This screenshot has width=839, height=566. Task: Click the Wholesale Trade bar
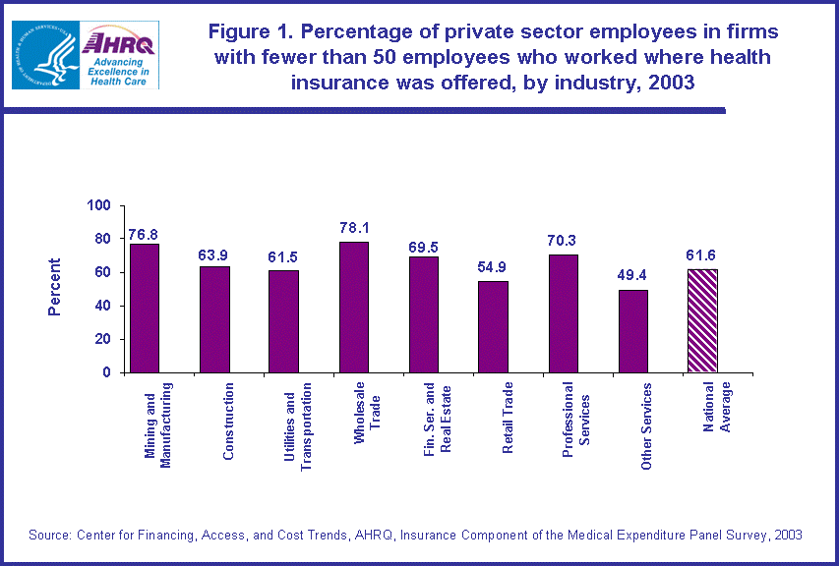354,308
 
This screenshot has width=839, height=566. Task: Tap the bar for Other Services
633,331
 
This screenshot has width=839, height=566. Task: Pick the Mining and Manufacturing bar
145,309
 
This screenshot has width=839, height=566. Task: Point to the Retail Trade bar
494,326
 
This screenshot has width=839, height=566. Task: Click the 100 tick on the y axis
101,206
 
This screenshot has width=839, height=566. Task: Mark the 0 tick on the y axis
109,372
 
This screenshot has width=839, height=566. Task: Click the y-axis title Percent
55,287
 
